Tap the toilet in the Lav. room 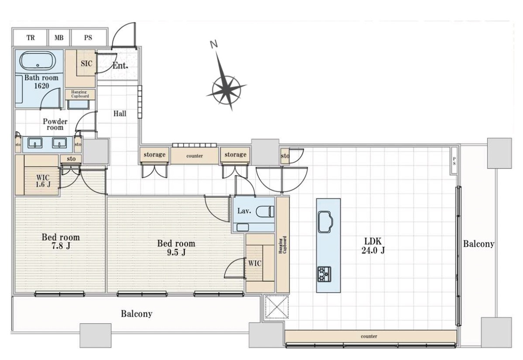(265, 212)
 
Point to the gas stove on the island (324, 273)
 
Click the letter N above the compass (214, 44)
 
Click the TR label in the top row (31, 38)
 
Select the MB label (59, 38)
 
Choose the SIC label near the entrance (86, 63)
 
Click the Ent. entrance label (120, 66)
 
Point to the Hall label (120, 114)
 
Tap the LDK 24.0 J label (373, 246)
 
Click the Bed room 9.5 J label (176, 247)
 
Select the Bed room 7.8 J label (61, 242)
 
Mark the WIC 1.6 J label (43, 181)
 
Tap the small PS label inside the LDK (454, 161)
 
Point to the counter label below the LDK (369, 336)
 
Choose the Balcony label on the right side (478, 244)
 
